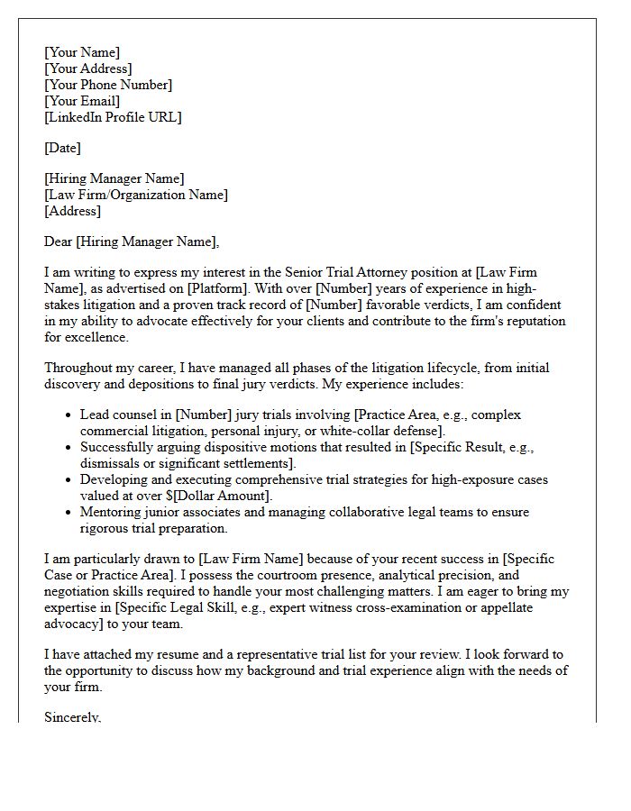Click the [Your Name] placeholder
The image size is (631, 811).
tap(81, 52)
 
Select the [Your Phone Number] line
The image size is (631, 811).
tap(108, 85)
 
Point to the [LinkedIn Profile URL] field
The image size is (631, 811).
tap(113, 117)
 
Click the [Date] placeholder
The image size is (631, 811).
tap(62, 148)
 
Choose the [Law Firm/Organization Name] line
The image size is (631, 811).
tap(136, 195)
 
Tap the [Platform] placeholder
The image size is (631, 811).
tap(221, 288)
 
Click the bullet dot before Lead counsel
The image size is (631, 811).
tap(69, 415)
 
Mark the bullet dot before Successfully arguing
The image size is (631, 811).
tap(69, 448)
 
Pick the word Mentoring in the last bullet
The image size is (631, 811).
tap(113, 512)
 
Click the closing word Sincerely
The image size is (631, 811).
tap(72, 717)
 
